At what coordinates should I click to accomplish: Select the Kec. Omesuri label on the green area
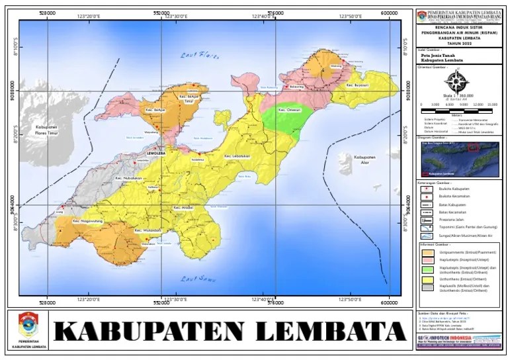[290, 110]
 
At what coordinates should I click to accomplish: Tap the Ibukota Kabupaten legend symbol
[427, 189]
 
